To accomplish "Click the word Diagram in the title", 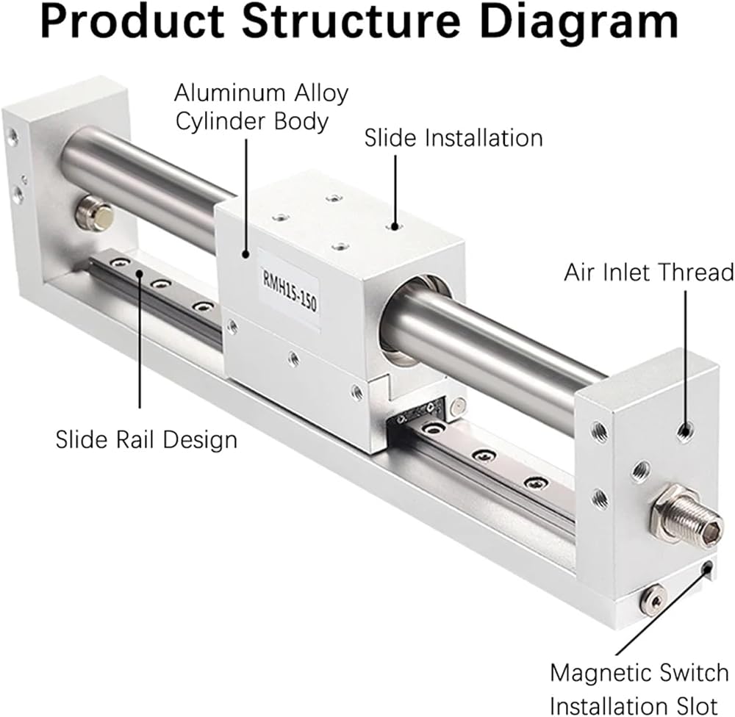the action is (x=579, y=22).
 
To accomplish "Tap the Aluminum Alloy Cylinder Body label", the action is (x=261, y=107).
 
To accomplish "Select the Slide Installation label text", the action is (x=453, y=138).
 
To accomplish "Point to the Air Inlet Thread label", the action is (x=649, y=273).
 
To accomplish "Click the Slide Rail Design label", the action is (x=146, y=440).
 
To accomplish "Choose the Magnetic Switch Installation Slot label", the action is (x=639, y=689).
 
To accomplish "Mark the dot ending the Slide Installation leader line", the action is (x=395, y=227).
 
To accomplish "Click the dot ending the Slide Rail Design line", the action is (x=139, y=273).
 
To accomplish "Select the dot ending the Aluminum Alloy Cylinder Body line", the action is (x=245, y=254).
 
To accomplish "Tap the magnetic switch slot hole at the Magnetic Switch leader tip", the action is (x=706, y=568).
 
